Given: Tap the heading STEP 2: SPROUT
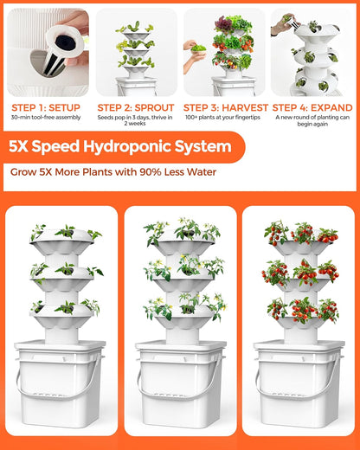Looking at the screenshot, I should pyautogui.click(x=136, y=107).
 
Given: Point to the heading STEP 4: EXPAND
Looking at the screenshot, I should pyautogui.click(x=313, y=107).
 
